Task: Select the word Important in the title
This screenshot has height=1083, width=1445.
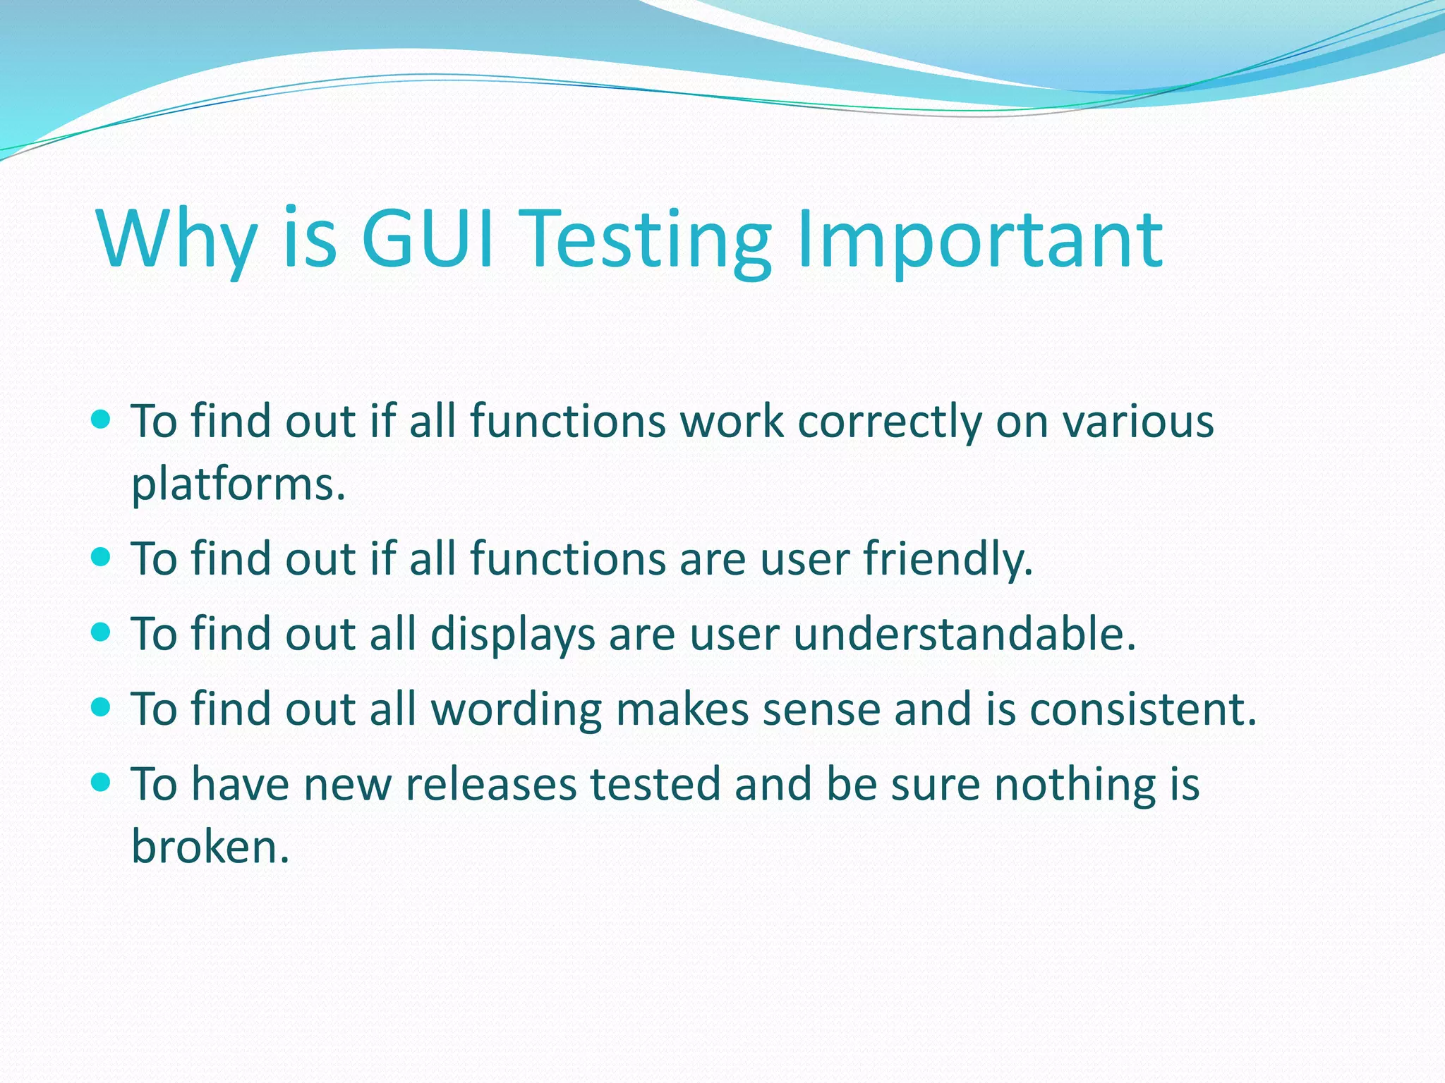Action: pos(979,240)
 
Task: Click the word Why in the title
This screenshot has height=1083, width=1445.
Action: pos(178,240)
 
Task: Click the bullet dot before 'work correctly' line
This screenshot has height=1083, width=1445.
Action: pos(102,420)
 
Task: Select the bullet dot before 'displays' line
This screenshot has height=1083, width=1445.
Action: pos(102,632)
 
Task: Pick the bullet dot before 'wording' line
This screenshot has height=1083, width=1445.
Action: pos(102,706)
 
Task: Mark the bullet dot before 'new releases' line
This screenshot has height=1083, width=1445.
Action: pos(102,782)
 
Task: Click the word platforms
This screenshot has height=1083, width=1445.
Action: pos(238,485)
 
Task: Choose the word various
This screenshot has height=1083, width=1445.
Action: pos(1139,422)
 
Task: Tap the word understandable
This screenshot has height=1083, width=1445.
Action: pos(964,633)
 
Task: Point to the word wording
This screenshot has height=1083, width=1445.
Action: pos(516,709)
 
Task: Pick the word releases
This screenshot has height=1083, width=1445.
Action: pos(491,784)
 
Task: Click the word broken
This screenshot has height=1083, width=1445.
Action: pos(210,846)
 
